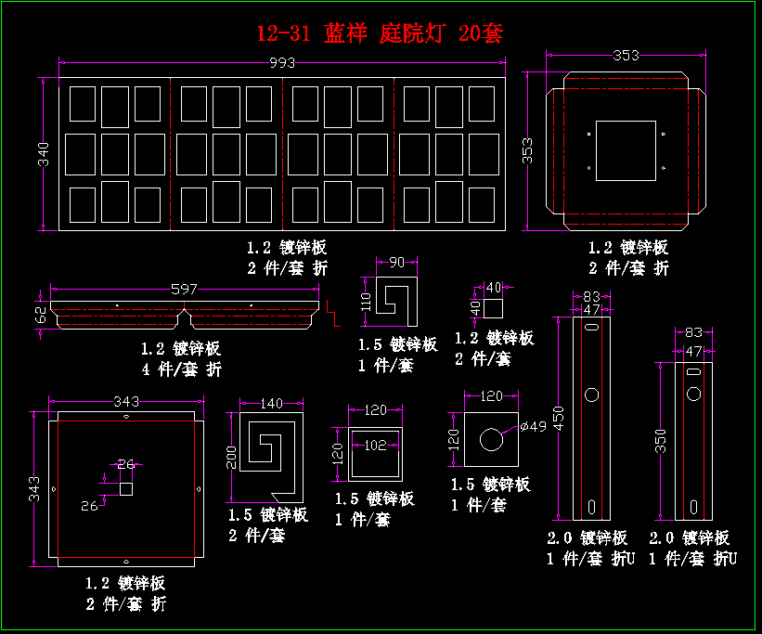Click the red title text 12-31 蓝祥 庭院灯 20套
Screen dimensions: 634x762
pos(380,34)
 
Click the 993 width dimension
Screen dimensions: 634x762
pos(282,63)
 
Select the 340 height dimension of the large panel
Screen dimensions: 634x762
pos(44,155)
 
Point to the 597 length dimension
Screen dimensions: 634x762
pos(186,290)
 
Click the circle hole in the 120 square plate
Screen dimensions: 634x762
pos(490,438)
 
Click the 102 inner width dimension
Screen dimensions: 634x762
pos(375,444)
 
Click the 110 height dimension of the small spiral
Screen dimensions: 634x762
pos(366,300)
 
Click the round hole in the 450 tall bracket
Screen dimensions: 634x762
pos(591,395)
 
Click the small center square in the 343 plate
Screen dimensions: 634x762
pos(126,488)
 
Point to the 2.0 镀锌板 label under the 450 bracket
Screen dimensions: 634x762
pos(588,537)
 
